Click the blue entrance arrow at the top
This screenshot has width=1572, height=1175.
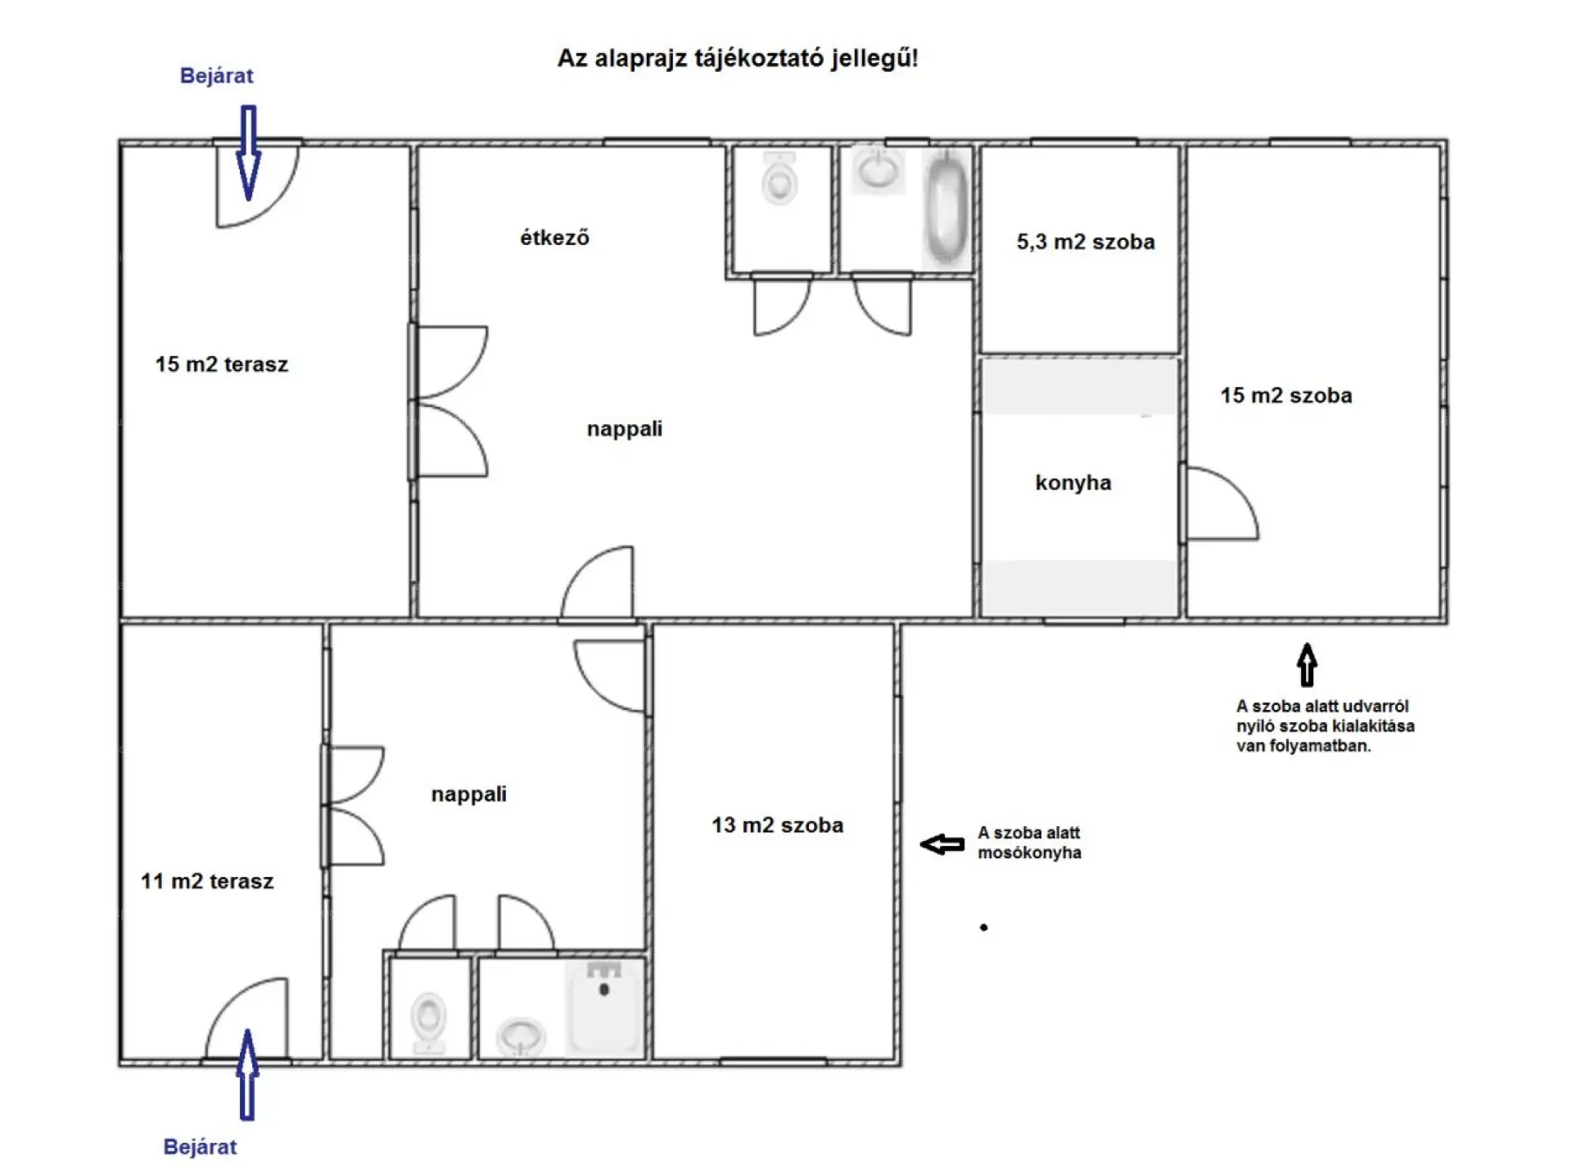(248, 153)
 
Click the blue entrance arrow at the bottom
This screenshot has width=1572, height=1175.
(247, 1074)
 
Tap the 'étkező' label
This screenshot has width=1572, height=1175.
(554, 237)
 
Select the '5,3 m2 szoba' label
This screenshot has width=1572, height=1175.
(1086, 242)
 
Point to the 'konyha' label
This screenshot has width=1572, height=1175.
(1073, 482)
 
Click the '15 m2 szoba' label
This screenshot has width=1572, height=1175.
(1286, 395)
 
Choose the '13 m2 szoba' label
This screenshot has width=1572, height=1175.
(777, 825)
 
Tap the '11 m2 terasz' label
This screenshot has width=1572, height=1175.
(207, 881)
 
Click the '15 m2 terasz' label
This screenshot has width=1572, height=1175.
(222, 364)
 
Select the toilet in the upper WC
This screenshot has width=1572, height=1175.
(779, 178)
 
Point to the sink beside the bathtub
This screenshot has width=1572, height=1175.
(878, 171)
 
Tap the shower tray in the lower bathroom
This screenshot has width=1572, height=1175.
(604, 1008)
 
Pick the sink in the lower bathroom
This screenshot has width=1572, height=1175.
(521, 1037)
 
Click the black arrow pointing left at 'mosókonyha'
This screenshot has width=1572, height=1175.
(942, 844)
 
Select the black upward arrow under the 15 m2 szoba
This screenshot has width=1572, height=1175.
(1307, 665)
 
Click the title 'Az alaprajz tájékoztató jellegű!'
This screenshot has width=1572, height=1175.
(738, 58)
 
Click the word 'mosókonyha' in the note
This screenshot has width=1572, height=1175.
(1029, 853)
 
